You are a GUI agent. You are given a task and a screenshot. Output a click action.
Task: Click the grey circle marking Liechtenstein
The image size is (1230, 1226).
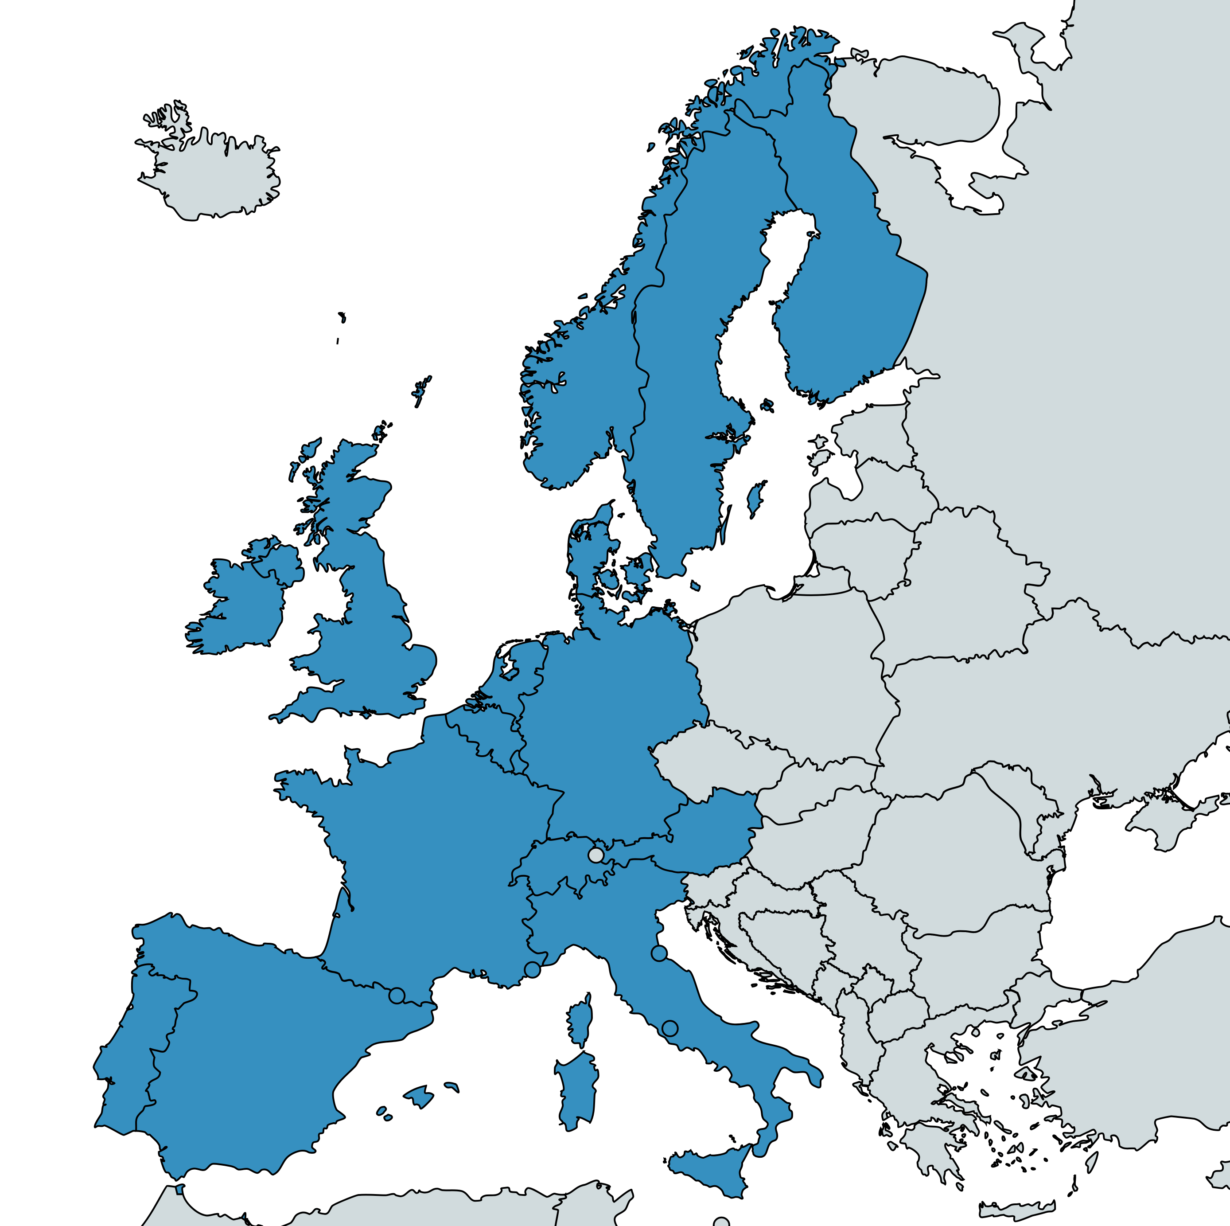tap(596, 854)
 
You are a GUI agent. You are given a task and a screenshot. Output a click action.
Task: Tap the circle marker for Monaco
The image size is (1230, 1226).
tap(532, 970)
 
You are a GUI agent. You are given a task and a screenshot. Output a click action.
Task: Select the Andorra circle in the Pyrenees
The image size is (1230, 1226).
tap(397, 996)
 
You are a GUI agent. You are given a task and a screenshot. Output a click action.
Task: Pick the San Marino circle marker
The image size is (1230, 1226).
tap(659, 953)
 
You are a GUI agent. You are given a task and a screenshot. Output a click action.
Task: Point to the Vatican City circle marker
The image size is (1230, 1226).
tap(669, 1028)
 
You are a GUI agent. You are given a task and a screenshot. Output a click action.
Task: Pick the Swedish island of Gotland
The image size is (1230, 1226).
tap(756, 498)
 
